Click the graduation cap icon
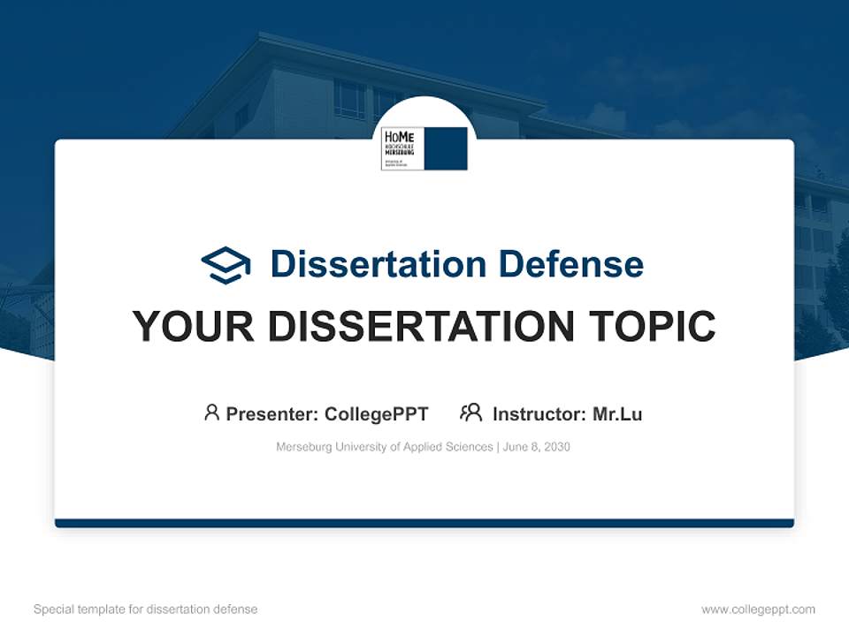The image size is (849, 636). coord(226,264)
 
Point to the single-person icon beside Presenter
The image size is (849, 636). coord(211,413)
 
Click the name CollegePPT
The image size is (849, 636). coord(376,414)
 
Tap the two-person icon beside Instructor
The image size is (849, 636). coord(470,413)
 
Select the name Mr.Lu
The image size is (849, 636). coord(617,414)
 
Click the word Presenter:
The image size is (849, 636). coord(272,414)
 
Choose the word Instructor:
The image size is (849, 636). coord(539,414)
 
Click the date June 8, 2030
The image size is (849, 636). coord(537,447)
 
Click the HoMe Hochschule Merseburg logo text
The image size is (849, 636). coord(402,147)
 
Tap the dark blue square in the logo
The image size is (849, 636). coord(446,148)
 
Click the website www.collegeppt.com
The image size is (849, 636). coord(758,609)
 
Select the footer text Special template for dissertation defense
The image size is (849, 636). coord(146,609)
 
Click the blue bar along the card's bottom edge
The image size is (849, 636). coord(424,523)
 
